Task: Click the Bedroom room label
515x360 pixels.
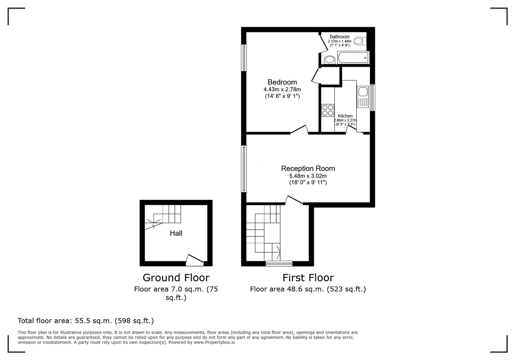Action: (x=282, y=82)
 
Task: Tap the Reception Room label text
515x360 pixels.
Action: (x=308, y=168)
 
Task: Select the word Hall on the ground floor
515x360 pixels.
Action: (x=176, y=233)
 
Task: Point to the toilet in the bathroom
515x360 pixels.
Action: (x=359, y=41)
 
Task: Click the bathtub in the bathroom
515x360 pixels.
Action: (x=353, y=58)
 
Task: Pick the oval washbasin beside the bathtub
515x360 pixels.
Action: (x=330, y=60)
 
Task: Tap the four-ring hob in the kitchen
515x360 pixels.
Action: (x=328, y=110)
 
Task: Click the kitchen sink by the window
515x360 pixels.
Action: (x=362, y=96)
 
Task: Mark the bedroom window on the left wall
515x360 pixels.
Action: (x=244, y=58)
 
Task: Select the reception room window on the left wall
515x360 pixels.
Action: (x=244, y=169)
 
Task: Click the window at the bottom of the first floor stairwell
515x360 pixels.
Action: (x=279, y=264)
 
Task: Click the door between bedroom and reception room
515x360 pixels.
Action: (x=299, y=130)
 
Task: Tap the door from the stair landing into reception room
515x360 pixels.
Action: (x=294, y=200)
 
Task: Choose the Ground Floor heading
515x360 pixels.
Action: (x=176, y=278)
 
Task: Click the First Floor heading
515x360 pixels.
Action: (x=308, y=278)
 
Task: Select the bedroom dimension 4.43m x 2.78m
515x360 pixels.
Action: (x=282, y=89)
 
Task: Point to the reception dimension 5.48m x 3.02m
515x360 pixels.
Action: (x=308, y=176)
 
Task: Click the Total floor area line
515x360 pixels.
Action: (x=86, y=321)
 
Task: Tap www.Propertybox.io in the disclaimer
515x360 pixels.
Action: (x=214, y=342)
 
